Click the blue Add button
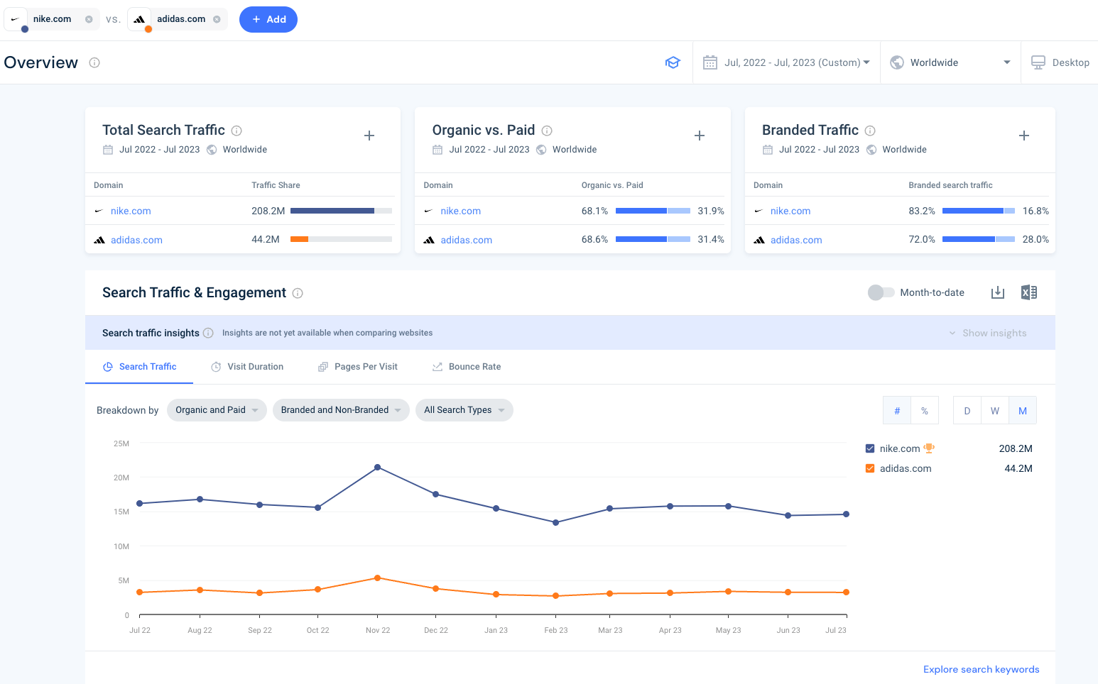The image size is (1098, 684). [x=268, y=19]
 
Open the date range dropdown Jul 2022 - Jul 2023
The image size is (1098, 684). [x=787, y=62]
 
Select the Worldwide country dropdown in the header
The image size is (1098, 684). [x=950, y=62]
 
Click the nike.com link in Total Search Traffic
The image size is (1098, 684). [x=131, y=211]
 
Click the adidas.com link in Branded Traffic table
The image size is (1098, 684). [x=795, y=240]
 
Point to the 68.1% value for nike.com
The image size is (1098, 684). [x=594, y=211]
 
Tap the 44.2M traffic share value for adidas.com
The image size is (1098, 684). [x=266, y=239]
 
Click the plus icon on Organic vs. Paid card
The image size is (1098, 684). [x=699, y=136]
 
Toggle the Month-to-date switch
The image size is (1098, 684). [x=881, y=292]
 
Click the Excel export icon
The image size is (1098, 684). [x=1028, y=292]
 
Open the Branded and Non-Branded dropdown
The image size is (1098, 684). [x=341, y=410]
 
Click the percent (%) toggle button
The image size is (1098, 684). [x=924, y=411]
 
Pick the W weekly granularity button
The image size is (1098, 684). [x=994, y=411]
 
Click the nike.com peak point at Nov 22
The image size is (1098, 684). [x=377, y=467]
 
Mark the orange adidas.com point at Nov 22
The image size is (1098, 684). [x=377, y=578]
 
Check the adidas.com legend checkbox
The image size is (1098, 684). [x=870, y=468]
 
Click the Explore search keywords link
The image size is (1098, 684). [x=981, y=669]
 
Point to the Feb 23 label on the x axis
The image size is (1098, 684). [x=555, y=630]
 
